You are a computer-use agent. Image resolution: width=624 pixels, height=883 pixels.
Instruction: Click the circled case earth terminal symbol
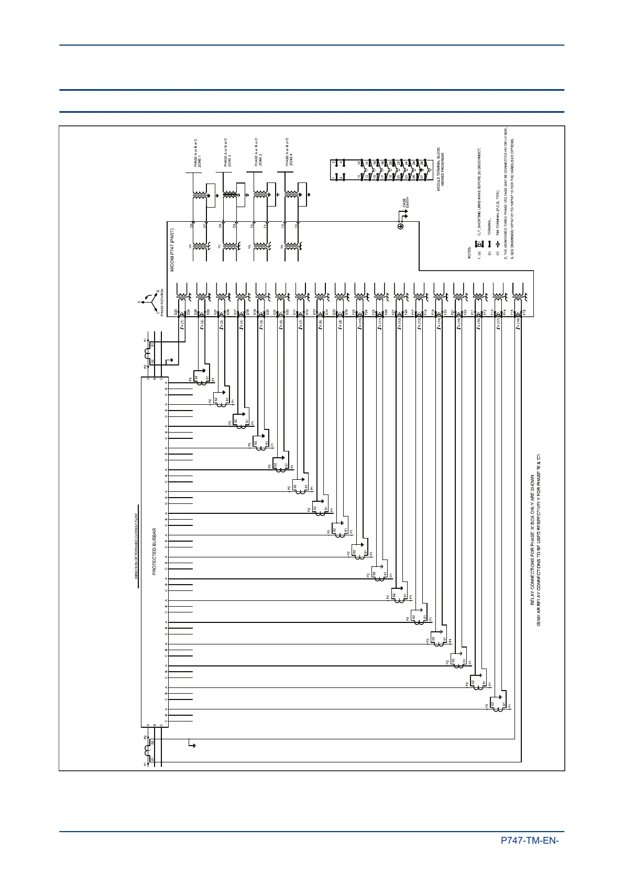[x=401, y=227]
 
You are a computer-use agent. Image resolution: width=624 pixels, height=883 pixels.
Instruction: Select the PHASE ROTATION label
[x=162, y=299]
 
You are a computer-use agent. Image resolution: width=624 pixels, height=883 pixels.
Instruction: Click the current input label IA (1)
[x=182, y=325]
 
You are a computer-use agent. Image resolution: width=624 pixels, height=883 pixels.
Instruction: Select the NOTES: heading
[x=469, y=253]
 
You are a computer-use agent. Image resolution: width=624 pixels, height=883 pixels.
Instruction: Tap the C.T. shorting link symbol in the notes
[x=478, y=243]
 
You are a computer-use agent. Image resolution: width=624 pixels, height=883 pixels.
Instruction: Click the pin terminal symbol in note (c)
[x=498, y=243]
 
